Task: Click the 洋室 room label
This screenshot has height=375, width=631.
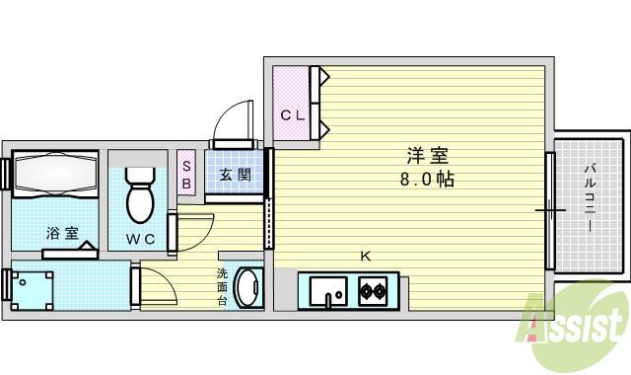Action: click(x=427, y=156)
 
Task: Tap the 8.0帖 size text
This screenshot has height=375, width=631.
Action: click(x=427, y=180)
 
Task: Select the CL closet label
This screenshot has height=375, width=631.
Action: click(x=293, y=115)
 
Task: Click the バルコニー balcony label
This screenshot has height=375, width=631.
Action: click(x=589, y=197)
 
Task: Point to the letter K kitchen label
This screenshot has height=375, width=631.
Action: click(x=366, y=257)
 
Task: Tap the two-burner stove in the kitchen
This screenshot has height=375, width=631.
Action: click(x=372, y=292)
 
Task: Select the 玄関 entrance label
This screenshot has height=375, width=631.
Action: click(x=234, y=176)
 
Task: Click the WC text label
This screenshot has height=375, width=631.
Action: click(x=139, y=239)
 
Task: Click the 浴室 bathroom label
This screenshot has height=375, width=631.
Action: click(x=61, y=234)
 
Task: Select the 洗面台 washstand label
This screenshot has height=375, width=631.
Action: click(x=224, y=287)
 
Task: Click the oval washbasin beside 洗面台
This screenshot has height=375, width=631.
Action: click(x=250, y=288)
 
